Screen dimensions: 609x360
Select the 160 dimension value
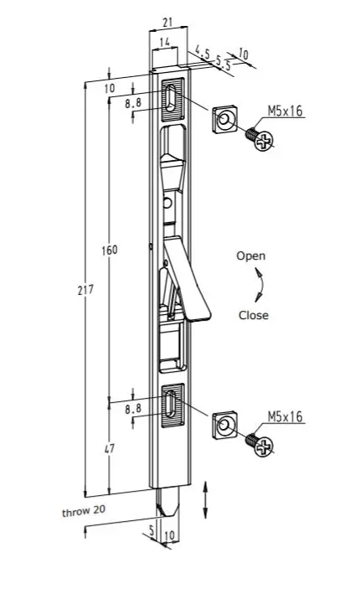point(108,250)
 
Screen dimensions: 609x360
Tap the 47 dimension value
point(108,449)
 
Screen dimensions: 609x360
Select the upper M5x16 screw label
point(285,110)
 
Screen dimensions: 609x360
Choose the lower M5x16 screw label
point(285,415)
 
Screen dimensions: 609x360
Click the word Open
point(250,256)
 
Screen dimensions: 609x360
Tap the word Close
point(254,315)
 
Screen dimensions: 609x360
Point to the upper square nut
point(224,121)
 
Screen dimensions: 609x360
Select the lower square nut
point(224,426)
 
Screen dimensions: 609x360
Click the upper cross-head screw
point(262,138)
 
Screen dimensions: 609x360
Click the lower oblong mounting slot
point(172,407)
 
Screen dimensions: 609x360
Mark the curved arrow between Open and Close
point(260,286)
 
